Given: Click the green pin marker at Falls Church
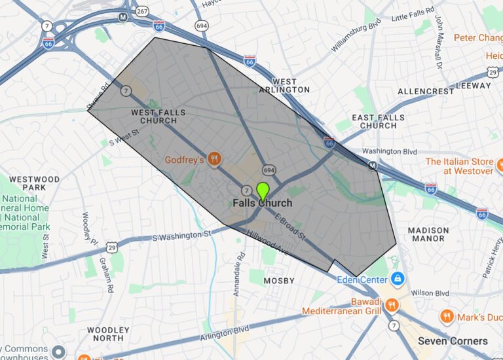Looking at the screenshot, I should [263, 190].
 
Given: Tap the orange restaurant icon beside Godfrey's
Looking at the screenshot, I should [215, 159].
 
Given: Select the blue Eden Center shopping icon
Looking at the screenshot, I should [397, 279].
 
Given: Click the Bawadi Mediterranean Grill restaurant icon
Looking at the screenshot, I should [392, 304].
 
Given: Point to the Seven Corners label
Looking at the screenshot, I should [453, 341].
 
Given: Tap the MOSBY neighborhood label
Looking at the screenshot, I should [278, 280].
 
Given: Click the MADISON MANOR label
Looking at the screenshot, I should [428, 234].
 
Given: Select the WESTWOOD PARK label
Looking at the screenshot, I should [34, 183].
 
